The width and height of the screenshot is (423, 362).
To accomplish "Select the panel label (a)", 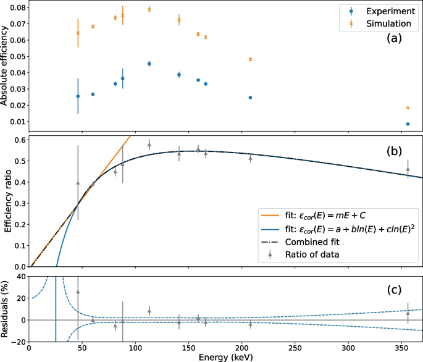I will pyautogui.click(x=393, y=38).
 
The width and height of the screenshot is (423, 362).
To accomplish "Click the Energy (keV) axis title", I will pyautogui.click(x=226, y=356).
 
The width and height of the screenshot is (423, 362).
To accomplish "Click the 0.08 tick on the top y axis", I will pyautogui.click(x=15, y=7).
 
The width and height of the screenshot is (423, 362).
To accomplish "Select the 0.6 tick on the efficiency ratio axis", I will pyautogui.click(x=19, y=140).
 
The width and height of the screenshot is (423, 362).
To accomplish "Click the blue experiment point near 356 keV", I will pyautogui.click(x=408, y=124).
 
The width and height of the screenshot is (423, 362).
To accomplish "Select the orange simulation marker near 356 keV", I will pyautogui.click(x=408, y=108).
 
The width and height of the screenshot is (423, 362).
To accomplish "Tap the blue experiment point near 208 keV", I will pyautogui.click(x=250, y=98).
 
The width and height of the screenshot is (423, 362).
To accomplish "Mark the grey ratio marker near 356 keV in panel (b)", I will pyautogui.click(x=408, y=169).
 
